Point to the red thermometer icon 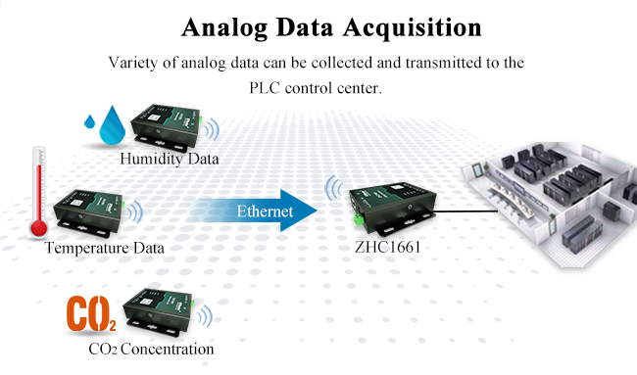click(37, 191)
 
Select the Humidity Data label click(170, 159)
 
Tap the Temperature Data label click(104, 249)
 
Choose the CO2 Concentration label click(150, 348)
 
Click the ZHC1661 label click(385, 249)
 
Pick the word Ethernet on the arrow click(265, 211)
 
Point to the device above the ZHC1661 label click(388, 207)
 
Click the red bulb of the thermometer click(38, 228)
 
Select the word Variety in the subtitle click(138, 64)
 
